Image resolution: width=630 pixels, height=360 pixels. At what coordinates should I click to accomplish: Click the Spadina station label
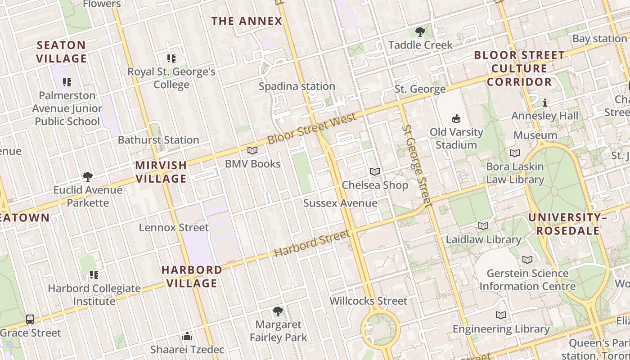(297, 86)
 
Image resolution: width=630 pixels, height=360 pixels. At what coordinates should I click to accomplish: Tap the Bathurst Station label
(158, 140)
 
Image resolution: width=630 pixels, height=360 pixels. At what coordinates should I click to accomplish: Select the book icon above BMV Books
(252, 151)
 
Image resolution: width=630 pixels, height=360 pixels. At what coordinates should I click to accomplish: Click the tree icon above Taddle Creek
(420, 32)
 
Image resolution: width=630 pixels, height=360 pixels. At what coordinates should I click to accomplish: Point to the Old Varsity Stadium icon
(456, 119)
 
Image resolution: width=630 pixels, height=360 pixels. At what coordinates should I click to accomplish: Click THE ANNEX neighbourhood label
(247, 21)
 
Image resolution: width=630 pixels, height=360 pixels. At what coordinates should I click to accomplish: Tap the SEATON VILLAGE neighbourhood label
(62, 52)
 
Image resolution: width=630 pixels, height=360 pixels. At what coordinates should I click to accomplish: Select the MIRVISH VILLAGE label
(161, 172)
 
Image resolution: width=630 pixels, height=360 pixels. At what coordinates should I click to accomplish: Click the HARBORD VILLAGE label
(192, 276)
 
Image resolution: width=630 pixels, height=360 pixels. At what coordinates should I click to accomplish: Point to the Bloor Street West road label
(312, 129)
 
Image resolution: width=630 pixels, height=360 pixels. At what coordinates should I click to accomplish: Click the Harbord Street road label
(311, 244)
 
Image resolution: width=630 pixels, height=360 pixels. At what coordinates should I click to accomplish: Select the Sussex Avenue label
(340, 203)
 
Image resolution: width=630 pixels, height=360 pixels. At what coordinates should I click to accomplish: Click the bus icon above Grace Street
(30, 319)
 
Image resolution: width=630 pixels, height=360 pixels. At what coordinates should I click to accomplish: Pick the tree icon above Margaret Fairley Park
(278, 311)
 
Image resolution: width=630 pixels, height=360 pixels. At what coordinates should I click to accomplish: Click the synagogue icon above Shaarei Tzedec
(187, 336)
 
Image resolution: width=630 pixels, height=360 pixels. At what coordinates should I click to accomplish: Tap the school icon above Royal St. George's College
(171, 58)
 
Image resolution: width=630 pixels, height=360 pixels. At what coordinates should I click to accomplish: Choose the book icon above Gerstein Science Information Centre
(527, 260)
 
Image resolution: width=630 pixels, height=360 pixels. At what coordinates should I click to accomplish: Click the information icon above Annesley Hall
(545, 103)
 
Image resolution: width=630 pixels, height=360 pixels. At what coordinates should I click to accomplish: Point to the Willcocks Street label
(369, 301)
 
